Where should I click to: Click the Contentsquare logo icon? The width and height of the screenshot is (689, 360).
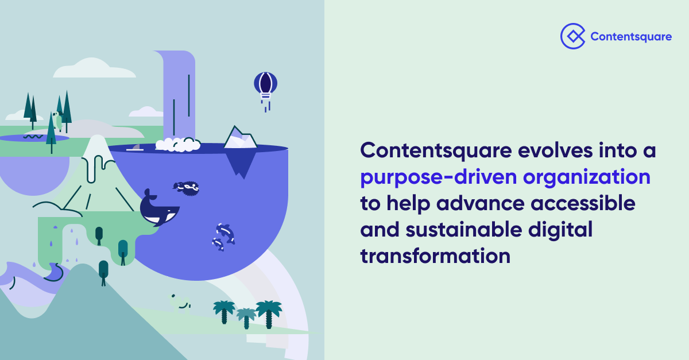click(572, 36)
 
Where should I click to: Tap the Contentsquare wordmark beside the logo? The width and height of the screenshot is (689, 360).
click(631, 37)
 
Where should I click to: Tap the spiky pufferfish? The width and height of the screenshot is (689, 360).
click(187, 187)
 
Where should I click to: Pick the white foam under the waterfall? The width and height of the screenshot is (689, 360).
click(177, 145)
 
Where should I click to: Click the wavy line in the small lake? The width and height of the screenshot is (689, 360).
click(32, 137)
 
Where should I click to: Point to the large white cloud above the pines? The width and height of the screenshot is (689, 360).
click(93, 69)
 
